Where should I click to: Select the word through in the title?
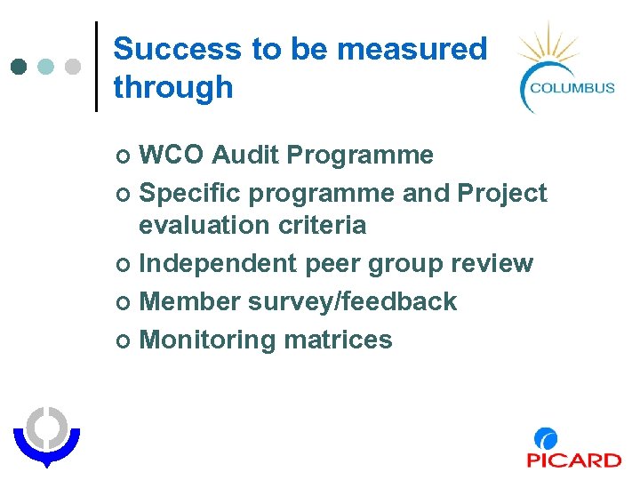pos(173,87)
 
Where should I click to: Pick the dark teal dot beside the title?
pos(20,67)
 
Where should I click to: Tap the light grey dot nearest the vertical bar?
pos(73,67)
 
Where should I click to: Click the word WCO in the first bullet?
pos(172,155)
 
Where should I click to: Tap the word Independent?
pos(219,263)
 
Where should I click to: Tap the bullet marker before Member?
pos(123,302)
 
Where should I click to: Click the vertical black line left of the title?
pos(96,67)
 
